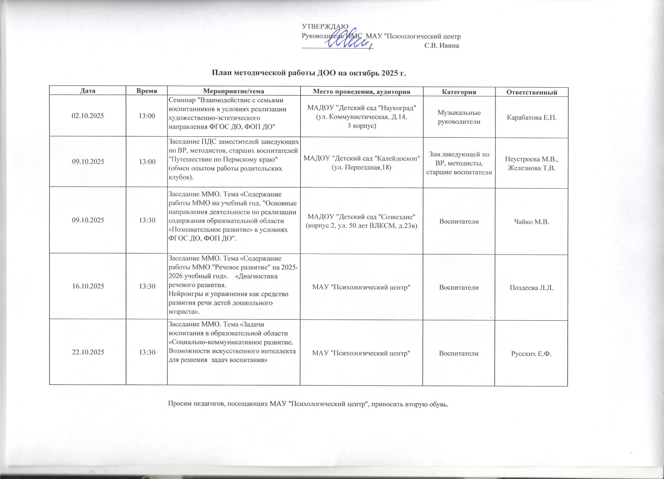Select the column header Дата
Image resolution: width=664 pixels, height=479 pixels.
coord(87,91)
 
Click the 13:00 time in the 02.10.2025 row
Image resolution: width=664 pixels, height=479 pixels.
coord(147,116)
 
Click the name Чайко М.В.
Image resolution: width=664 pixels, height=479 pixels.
coord(531,222)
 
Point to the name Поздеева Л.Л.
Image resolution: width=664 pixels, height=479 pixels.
coord(531,288)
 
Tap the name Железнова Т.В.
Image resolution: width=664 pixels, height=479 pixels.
coord(531,168)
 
